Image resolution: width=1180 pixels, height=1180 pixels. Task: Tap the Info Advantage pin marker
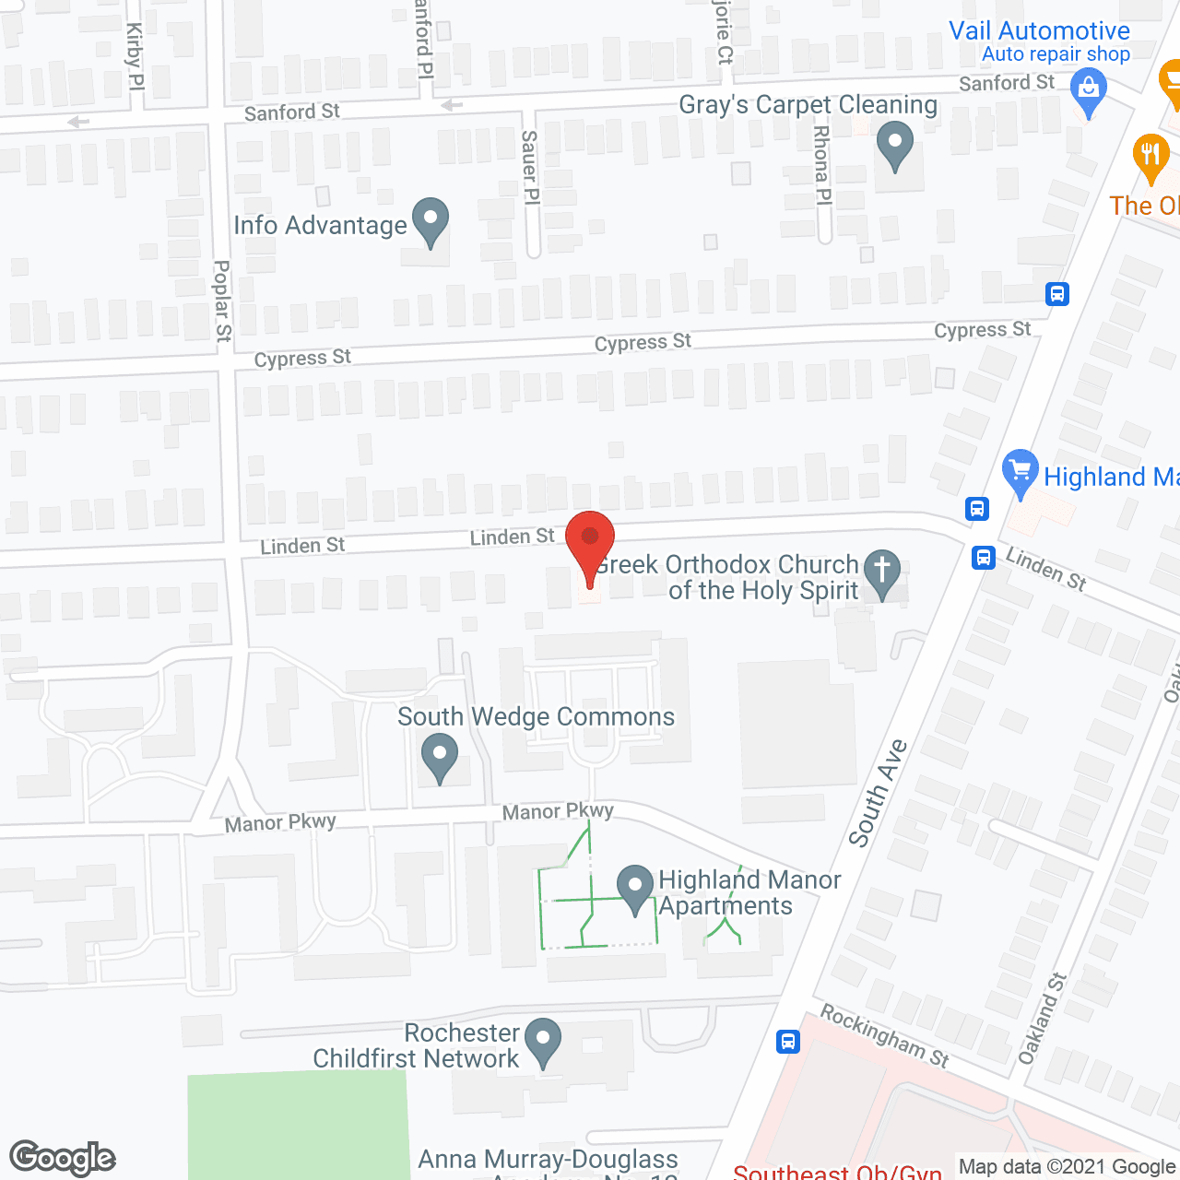(x=431, y=221)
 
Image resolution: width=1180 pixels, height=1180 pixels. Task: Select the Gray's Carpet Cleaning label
(x=808, y=105)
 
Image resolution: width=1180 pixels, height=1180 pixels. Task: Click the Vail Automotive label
(x=1039, y=30)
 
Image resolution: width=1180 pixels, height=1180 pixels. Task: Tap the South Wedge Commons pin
(x=440, y=756)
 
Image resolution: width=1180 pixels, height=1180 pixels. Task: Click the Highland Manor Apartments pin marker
(x=635, y=888)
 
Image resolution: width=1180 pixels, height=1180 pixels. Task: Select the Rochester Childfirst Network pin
(x=543, y=1040)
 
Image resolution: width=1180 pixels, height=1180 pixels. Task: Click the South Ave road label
(x=878, y=793)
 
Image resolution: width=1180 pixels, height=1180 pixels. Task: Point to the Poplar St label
(x=223, y=301)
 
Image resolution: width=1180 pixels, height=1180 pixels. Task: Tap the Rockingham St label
(x=884, y=1035)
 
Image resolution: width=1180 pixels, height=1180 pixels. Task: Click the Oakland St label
(x=1042, y=1019)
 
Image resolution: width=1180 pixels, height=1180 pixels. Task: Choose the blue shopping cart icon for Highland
(x=1021, y=472)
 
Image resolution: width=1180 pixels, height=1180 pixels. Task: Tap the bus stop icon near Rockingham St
(x=787, y=1042)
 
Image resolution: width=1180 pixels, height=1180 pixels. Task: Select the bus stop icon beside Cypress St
(x=1057, y=294)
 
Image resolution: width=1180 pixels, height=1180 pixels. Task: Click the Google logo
(x=63, y=1157)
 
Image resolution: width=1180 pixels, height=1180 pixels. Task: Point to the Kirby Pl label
(x=135, y=56)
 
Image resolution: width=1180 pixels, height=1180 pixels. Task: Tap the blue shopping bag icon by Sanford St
(x=1089, y=91)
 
